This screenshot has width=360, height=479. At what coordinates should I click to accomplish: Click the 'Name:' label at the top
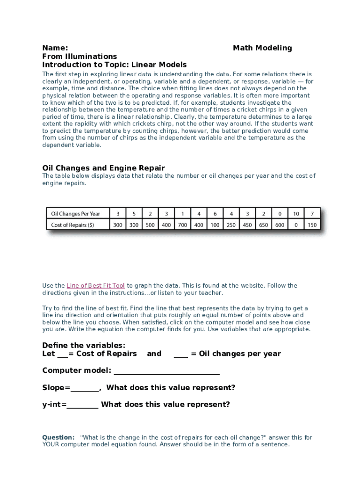[x=55, y=48]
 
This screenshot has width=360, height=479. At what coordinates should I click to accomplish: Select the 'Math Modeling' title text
[x=262, y=48]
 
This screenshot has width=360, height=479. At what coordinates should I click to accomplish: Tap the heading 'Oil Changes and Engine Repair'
[x=103, y=168]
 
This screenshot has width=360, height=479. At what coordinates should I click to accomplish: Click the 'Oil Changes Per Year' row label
[x=75, y=214]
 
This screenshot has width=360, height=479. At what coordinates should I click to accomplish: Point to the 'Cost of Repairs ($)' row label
[x=72, y=225]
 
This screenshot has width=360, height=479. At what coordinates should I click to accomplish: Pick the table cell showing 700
[x=182, y=225]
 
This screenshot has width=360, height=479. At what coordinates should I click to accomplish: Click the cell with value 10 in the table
[x=296, y=214]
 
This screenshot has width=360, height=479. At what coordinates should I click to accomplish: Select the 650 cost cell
[x=264, y=225]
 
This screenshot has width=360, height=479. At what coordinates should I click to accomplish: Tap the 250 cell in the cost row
[x=231, y=225]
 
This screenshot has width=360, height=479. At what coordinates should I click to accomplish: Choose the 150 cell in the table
[x=312, y=225]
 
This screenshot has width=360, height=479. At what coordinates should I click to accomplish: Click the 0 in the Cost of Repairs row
[x=296, y=225]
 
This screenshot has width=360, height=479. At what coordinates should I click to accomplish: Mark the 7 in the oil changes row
[x=312, y=214]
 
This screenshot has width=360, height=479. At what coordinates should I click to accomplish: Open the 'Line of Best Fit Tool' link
[x=96, y=286]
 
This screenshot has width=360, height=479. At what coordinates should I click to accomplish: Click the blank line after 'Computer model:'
[x=166, y=372]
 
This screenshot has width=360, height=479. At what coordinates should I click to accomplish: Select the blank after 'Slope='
[x=85, y=389]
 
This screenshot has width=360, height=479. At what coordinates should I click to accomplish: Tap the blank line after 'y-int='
[x=82, y=406]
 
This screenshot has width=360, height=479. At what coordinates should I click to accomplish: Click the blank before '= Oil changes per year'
[x=180, y=355]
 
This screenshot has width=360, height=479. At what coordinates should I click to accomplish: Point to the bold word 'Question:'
[x=58, y=437]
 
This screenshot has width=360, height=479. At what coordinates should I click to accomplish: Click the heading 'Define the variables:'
[x=84, y=346]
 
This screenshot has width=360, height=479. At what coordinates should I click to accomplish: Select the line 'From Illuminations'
[x=79, y=56]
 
